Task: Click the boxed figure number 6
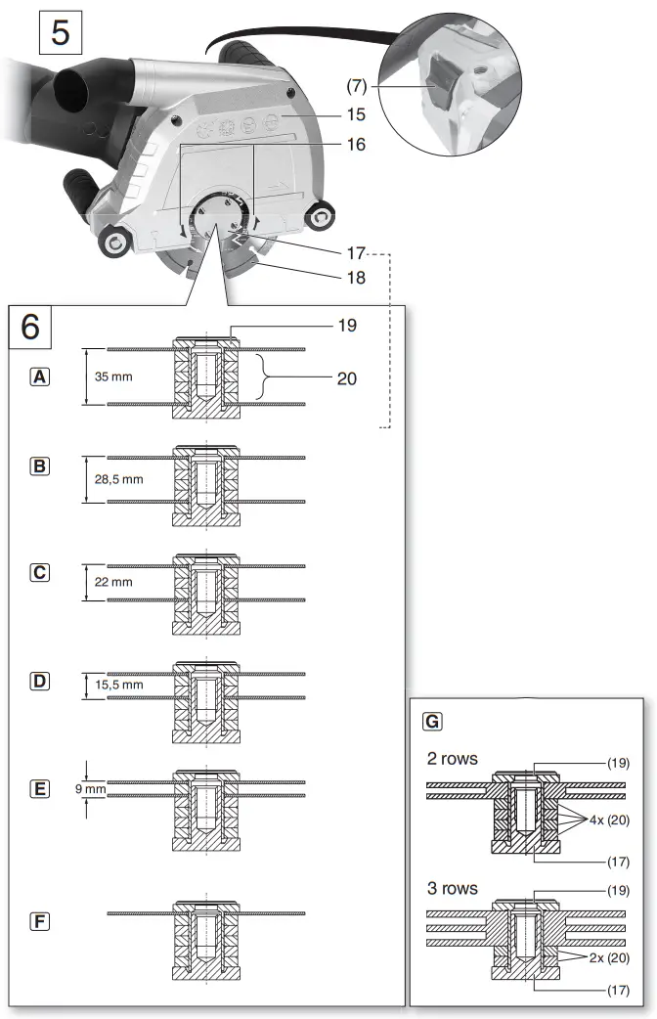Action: pyautogui.click(x=31, y=326)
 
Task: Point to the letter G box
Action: pyautogui.click(x=431, y=722)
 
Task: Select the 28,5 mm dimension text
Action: pyautogui.click(x=119, y=479)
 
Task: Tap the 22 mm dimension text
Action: pyautogui.click(x=114, y=582)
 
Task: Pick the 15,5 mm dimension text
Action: pyautogui.click(x=119, y=685)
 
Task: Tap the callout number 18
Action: pyautogui.click(x=356, y=278)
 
